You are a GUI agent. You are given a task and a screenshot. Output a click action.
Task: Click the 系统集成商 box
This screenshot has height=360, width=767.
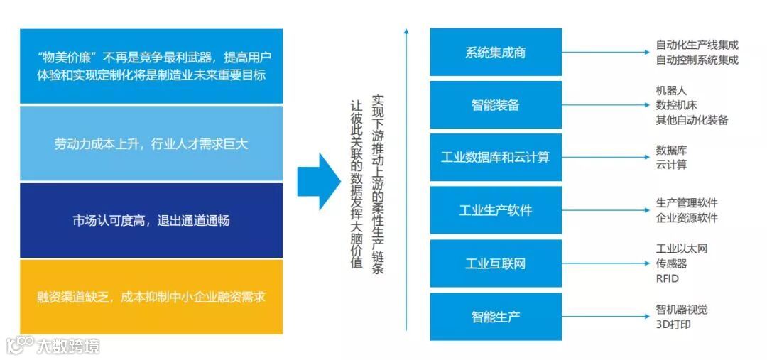point(496,53)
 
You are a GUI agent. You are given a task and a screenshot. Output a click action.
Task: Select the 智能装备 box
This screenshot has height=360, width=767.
point(496,105)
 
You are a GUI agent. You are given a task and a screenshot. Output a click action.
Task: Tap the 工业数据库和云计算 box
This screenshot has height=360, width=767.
point(496,158)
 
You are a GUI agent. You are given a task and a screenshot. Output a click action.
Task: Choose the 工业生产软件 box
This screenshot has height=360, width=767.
point(496,211)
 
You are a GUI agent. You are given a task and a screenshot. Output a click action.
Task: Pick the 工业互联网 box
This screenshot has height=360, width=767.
point(496,263)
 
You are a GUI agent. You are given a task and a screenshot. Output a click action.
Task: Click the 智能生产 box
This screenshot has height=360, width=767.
point(496,316)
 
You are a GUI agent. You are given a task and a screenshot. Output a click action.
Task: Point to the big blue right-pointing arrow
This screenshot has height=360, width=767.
point(318,182)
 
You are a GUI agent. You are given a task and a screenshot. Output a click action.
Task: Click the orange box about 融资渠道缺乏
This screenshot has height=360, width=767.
point(151,297)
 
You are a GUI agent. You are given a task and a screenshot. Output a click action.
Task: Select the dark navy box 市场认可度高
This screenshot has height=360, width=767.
point(151,220)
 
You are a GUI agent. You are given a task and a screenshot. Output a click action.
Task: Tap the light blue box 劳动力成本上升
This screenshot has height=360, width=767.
point(151,143)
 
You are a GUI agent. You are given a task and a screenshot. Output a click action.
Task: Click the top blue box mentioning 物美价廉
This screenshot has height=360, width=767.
point(151,65)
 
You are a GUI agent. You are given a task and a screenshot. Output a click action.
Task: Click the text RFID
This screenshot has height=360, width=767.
point(668,278)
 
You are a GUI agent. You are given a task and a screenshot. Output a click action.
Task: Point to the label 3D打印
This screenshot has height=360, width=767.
point(673,324)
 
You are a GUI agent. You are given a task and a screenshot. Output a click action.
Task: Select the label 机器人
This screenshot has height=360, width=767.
point(672,91)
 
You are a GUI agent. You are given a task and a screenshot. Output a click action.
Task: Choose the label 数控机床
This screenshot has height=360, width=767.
point(677,105)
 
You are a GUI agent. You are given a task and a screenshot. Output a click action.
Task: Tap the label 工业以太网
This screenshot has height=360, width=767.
point(682,249)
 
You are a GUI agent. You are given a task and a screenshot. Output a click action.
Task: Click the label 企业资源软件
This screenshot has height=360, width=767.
point(687,218)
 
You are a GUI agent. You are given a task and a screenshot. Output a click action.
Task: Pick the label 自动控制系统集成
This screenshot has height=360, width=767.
point(697,60)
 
